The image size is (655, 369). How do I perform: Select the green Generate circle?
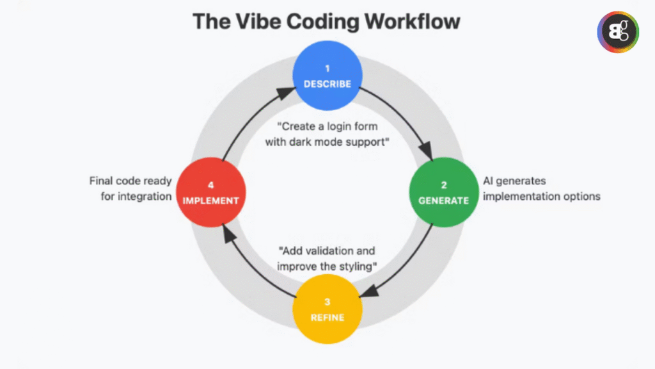443,192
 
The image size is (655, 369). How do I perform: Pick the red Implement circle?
210,192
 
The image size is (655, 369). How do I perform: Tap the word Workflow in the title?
412,21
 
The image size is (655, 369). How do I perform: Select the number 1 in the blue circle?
327,69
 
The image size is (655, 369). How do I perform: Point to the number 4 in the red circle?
210,184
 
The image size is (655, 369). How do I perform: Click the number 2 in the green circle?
443,184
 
